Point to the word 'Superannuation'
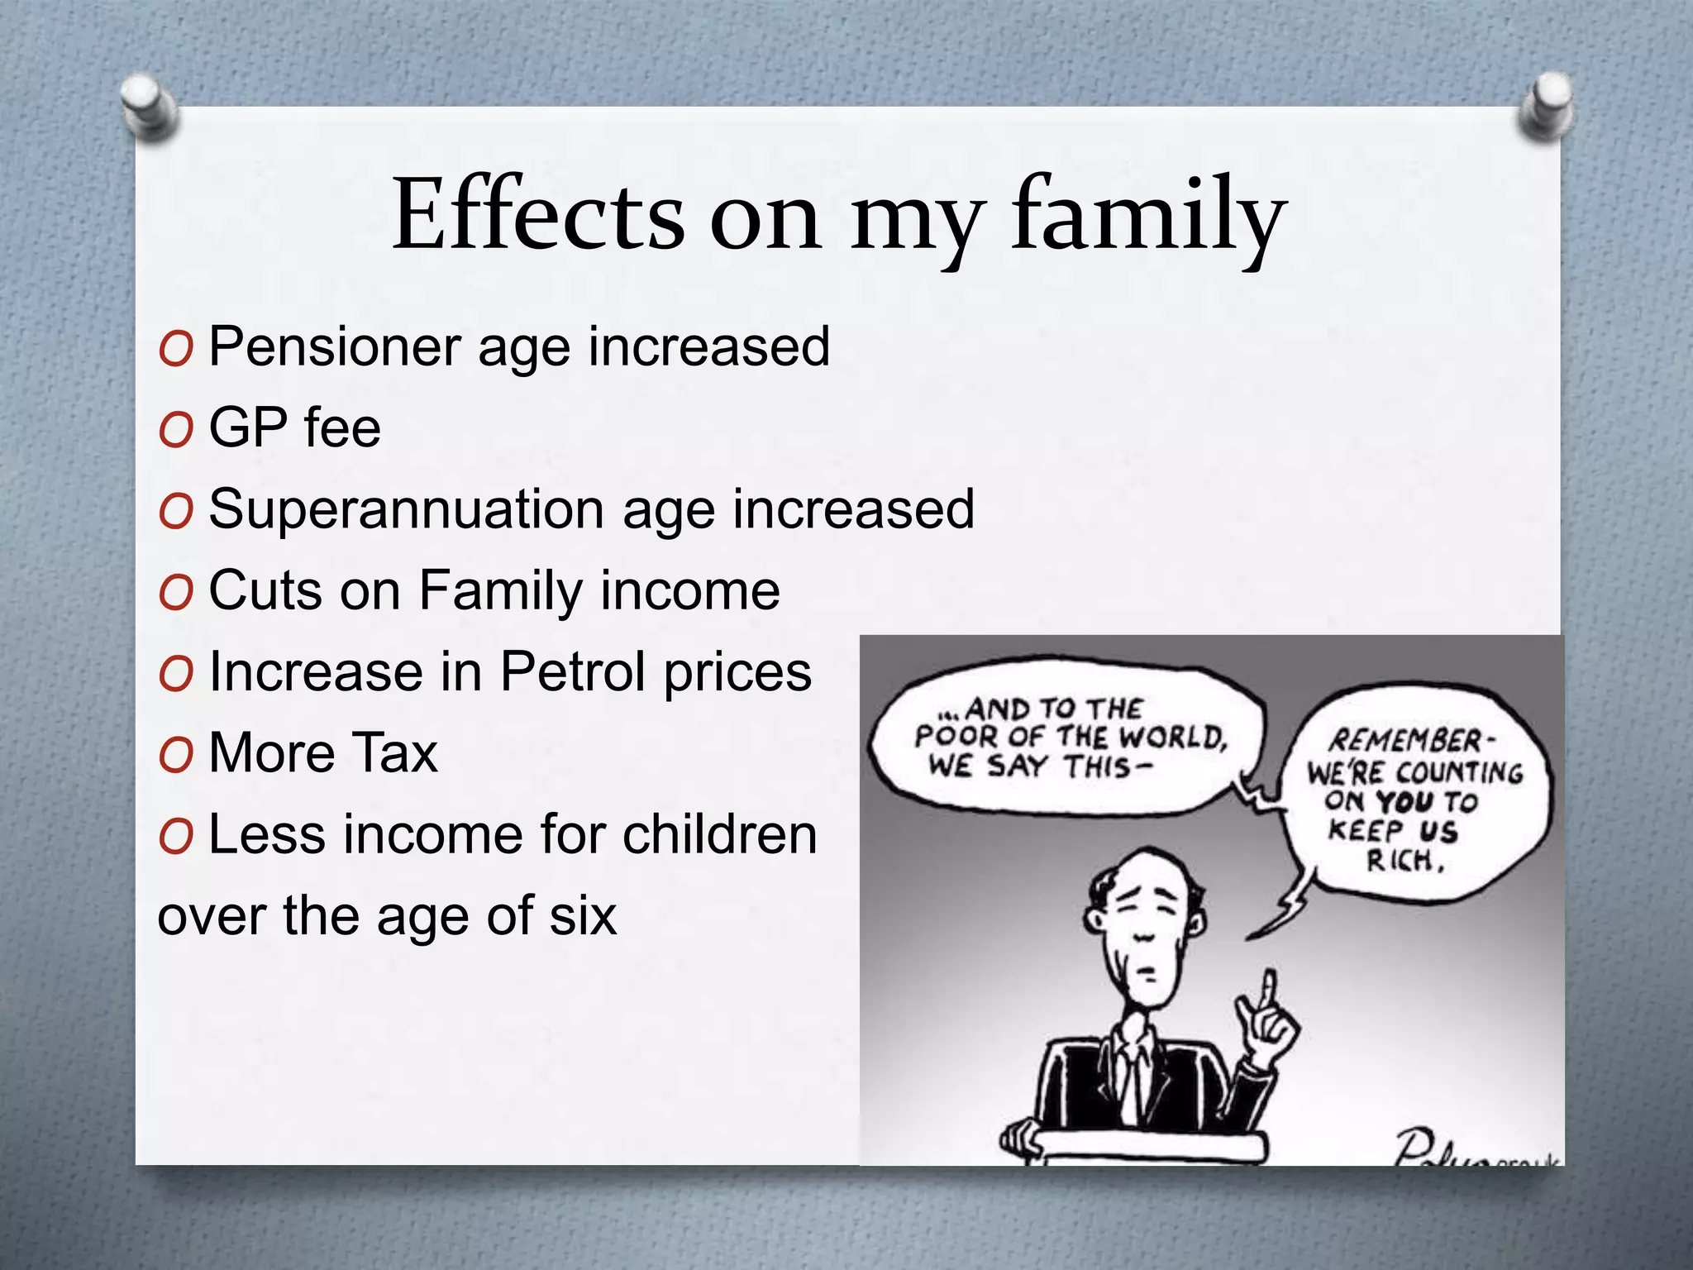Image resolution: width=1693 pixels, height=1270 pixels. pyautogui.click(x=406, y=509)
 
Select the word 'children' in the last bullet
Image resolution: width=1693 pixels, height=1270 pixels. pyautogui.click(x=719, y=834)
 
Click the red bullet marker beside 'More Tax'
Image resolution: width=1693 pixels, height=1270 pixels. pyautogui.click(x=176, y=755)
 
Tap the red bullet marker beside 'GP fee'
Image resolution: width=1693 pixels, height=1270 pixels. pyautogui.click(x=176, y=430)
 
